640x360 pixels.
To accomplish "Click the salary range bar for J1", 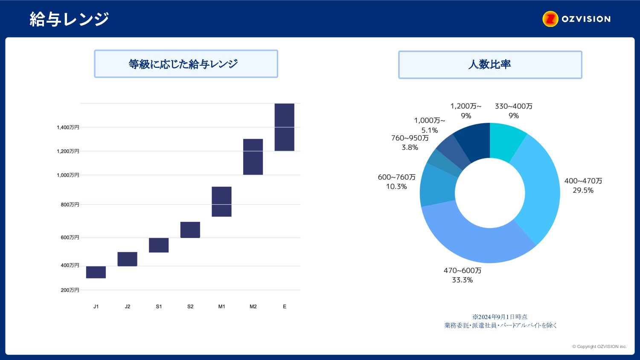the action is pyautogui.click(x=96, y=272).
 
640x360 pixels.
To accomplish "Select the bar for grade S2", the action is pyautogui.click(x=190, y=230).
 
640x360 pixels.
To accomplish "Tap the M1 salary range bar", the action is pyautogui.click(x=221, y=202).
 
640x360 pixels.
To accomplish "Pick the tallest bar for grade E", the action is pyautogui.click(x=284, y=127).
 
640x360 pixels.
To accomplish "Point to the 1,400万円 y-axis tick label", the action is pyautogui.click(x=68, y=128).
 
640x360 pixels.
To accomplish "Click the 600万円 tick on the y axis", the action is pyautogui.click(x=70, y=238).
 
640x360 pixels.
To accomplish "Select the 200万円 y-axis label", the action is pyautogui.click(x=70, y=290).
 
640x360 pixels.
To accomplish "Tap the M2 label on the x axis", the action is pyautogui.click(x=253, y=307).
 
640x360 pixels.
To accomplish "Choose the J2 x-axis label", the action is pyautogui.click(x=128, y=307).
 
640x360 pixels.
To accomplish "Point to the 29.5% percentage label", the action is pyautogui.click(x=583, y=190).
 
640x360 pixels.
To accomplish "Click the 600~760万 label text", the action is pyautogui.click(x=396, y=177).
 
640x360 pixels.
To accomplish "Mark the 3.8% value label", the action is pyautogui.click(x=410, y=148).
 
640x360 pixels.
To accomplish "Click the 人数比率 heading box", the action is pyautogui.click(x=490, y=64).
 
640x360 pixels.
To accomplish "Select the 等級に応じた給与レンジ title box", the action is pyautogui.click(x=186, y=64).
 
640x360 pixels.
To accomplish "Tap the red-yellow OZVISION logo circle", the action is pyautogui.click(x=550, y=19).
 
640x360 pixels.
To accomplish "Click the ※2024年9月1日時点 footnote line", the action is pyautogui.click(x=500, y=317).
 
